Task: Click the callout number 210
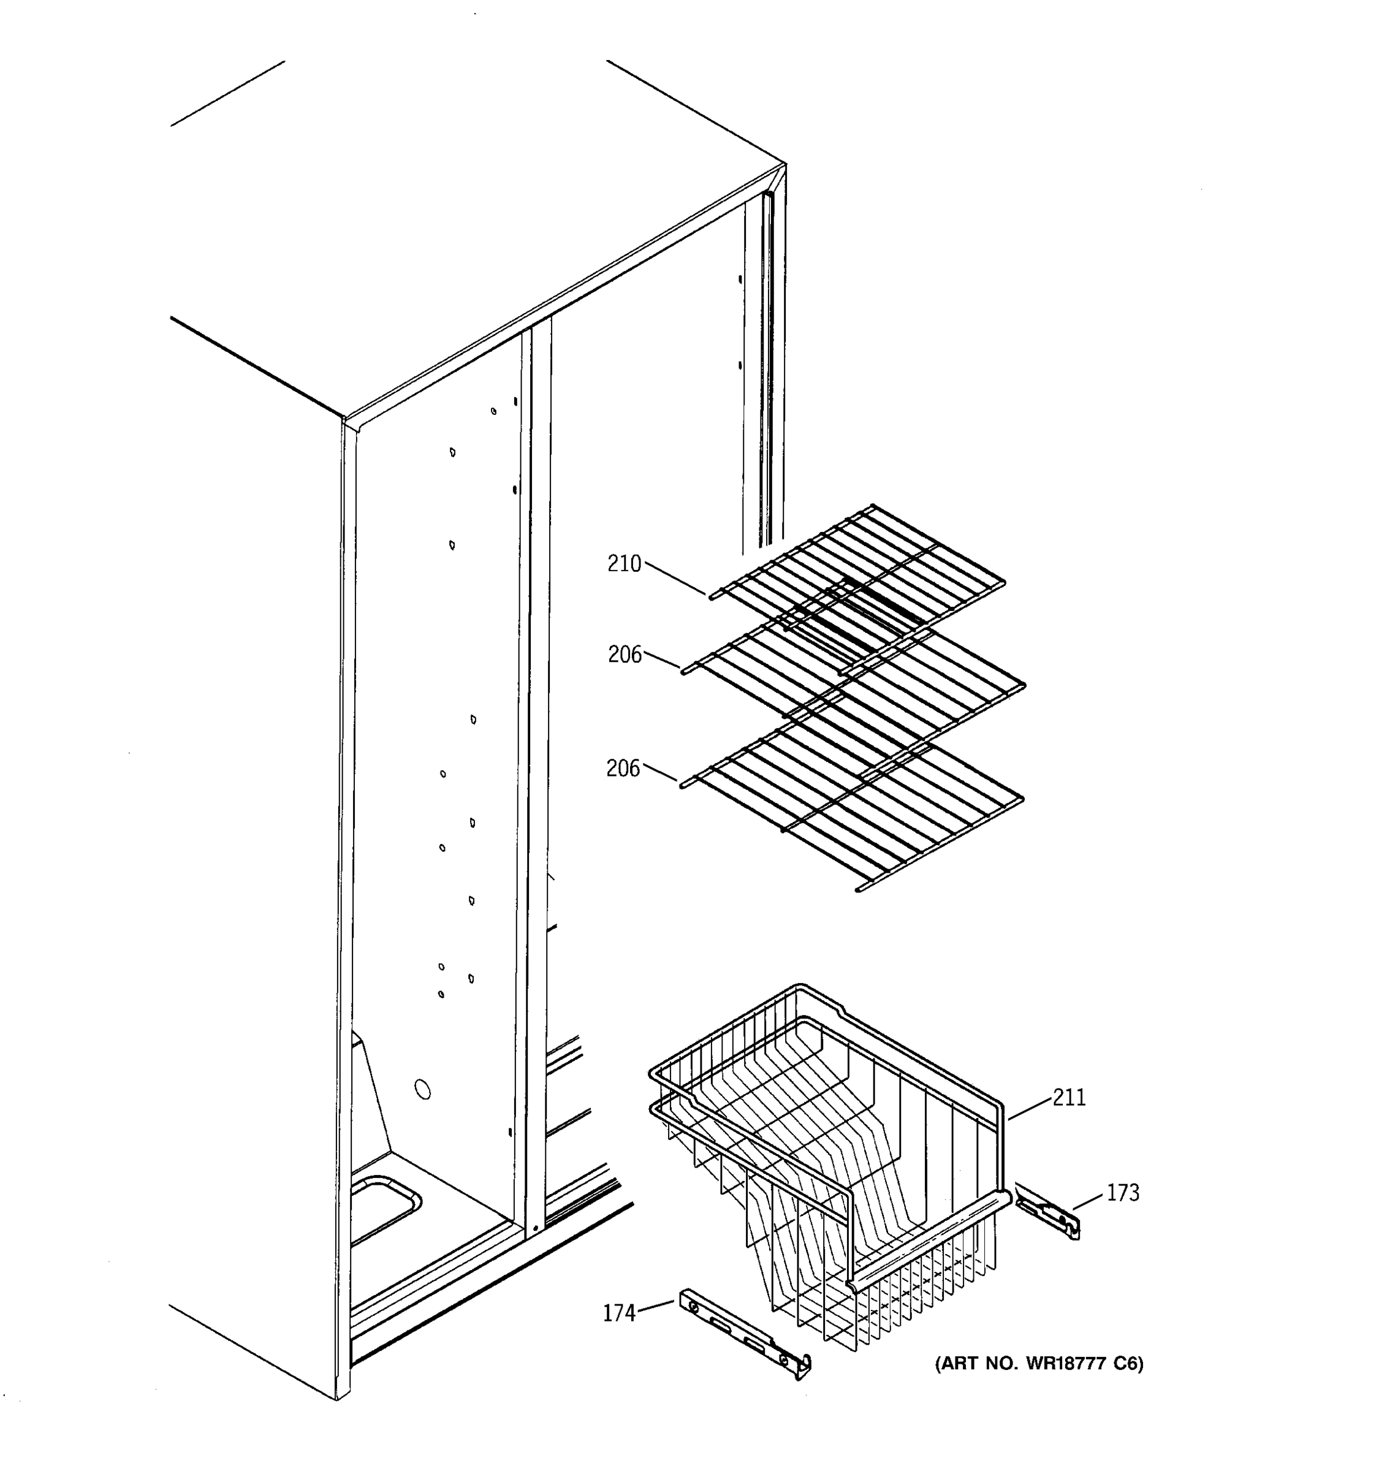[624, 564]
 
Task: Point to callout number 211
[1069, 1097]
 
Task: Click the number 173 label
[1122, 1193]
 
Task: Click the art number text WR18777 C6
[1039, 1363]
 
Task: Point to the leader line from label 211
[1030, 1108]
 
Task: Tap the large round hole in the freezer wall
[422, 1089]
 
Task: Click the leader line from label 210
[675, 578]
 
